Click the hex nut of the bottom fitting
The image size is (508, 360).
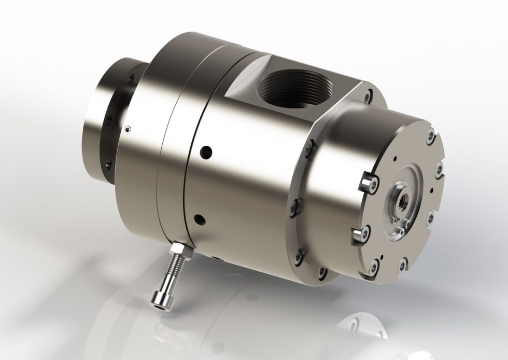click(182, 251)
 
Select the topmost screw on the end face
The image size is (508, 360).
click(430, 136)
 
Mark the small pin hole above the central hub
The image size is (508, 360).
click(394, 159)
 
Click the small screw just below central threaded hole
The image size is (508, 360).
click(400, 224)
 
